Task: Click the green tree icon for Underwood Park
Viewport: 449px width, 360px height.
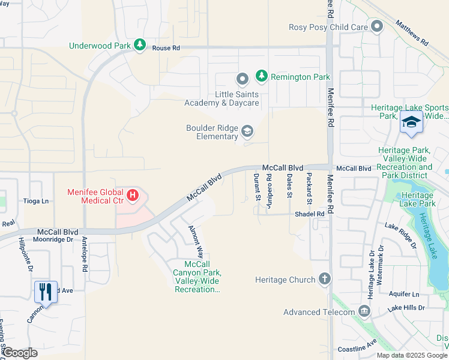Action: tap(140, 45)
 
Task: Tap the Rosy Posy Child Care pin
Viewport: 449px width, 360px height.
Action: tap(377, 26)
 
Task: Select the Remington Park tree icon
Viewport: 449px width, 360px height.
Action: tap(261, 76)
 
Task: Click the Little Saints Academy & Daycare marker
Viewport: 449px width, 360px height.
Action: tap(242, 79)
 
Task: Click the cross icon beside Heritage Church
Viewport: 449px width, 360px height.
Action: tap(325, 279)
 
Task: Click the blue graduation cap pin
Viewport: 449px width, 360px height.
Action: tap(411, 122)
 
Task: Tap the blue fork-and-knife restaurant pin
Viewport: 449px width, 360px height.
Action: tap(46, 292)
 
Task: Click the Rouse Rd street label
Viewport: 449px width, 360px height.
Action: tap(166, 48)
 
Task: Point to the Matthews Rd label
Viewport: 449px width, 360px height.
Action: tap(411, 34)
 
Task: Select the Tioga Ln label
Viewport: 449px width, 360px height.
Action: tap(35, 201)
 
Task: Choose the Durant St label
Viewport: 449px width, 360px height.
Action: tap(256, 186)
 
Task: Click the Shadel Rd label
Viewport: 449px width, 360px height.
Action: tap(309, 214)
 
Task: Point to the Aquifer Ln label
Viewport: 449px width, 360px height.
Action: tap(403, 294)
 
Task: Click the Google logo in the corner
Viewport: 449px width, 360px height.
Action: tap(19, 353)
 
